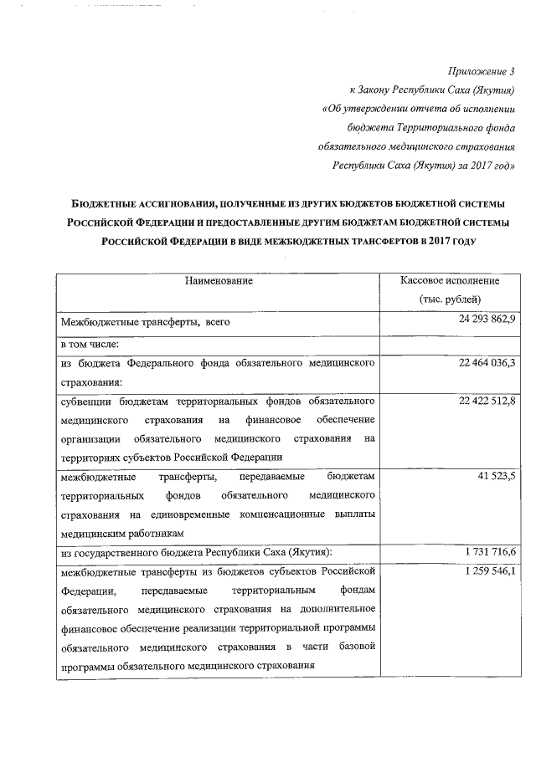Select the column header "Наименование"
[x=219, y=281]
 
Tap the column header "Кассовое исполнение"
[x=450, y=281]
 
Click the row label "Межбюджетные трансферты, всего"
[x=145, y=321]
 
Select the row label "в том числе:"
[x=90, y=343]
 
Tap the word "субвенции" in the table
[x=85, y=402]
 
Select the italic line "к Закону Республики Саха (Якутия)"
[x=431, y=90]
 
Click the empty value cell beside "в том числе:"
[x=450, y=343]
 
